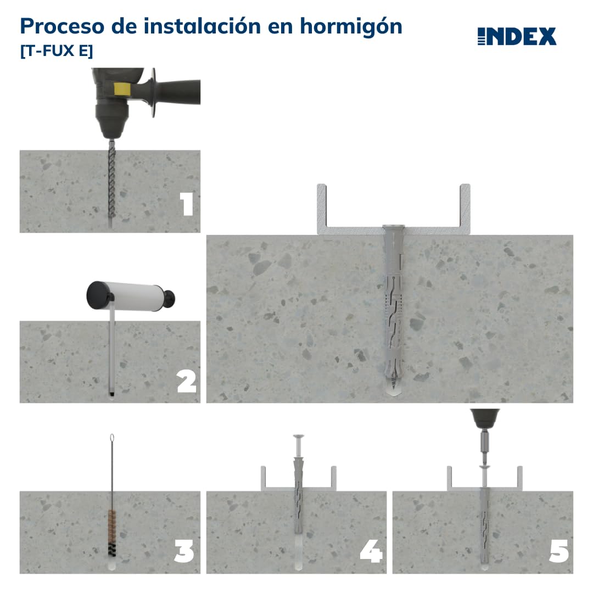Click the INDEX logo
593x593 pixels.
click(x=517, y=37)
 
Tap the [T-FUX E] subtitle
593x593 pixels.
click(x=57, y=52)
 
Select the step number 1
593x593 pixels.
click(x=187, y=204)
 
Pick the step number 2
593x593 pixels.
click(x=187, y=381)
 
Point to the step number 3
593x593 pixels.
click(x=184, y=551)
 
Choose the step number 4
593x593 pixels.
click(x=371, y=551)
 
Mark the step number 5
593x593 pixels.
click(x=558, y=551)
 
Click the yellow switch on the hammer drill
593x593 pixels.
click(x=121, y=88)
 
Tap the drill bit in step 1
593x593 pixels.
click(x=112, y=181)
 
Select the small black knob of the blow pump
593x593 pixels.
click(x=170, y=299)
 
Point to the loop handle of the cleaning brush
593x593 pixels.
click(x=112, y=439)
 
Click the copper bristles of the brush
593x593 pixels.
click(x=112, y=519)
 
